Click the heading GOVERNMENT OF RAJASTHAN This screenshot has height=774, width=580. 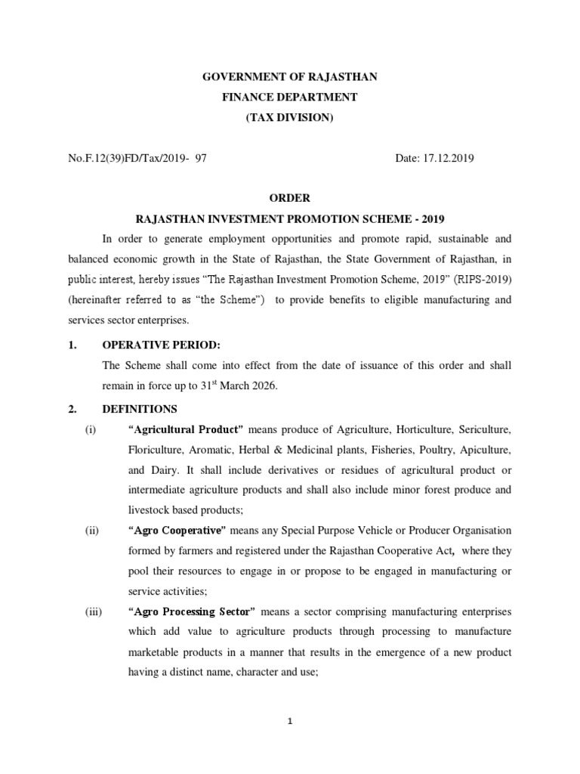tap(290, 77)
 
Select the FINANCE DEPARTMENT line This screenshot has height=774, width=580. tap(290, 98)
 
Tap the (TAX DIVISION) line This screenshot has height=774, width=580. tap(290, 118)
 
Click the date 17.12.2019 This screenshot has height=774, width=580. tap(446, 159)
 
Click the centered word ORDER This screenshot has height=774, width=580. tap(290, 199)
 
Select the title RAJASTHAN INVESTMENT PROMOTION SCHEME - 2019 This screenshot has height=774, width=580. tap(290, 219)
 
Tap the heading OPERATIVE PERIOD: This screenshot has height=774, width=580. tap(161, 345)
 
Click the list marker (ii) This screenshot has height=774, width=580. tap(92, 530)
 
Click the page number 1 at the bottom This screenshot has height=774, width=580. tap(290, 720)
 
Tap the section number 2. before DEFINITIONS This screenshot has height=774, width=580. tap(72, 409)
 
